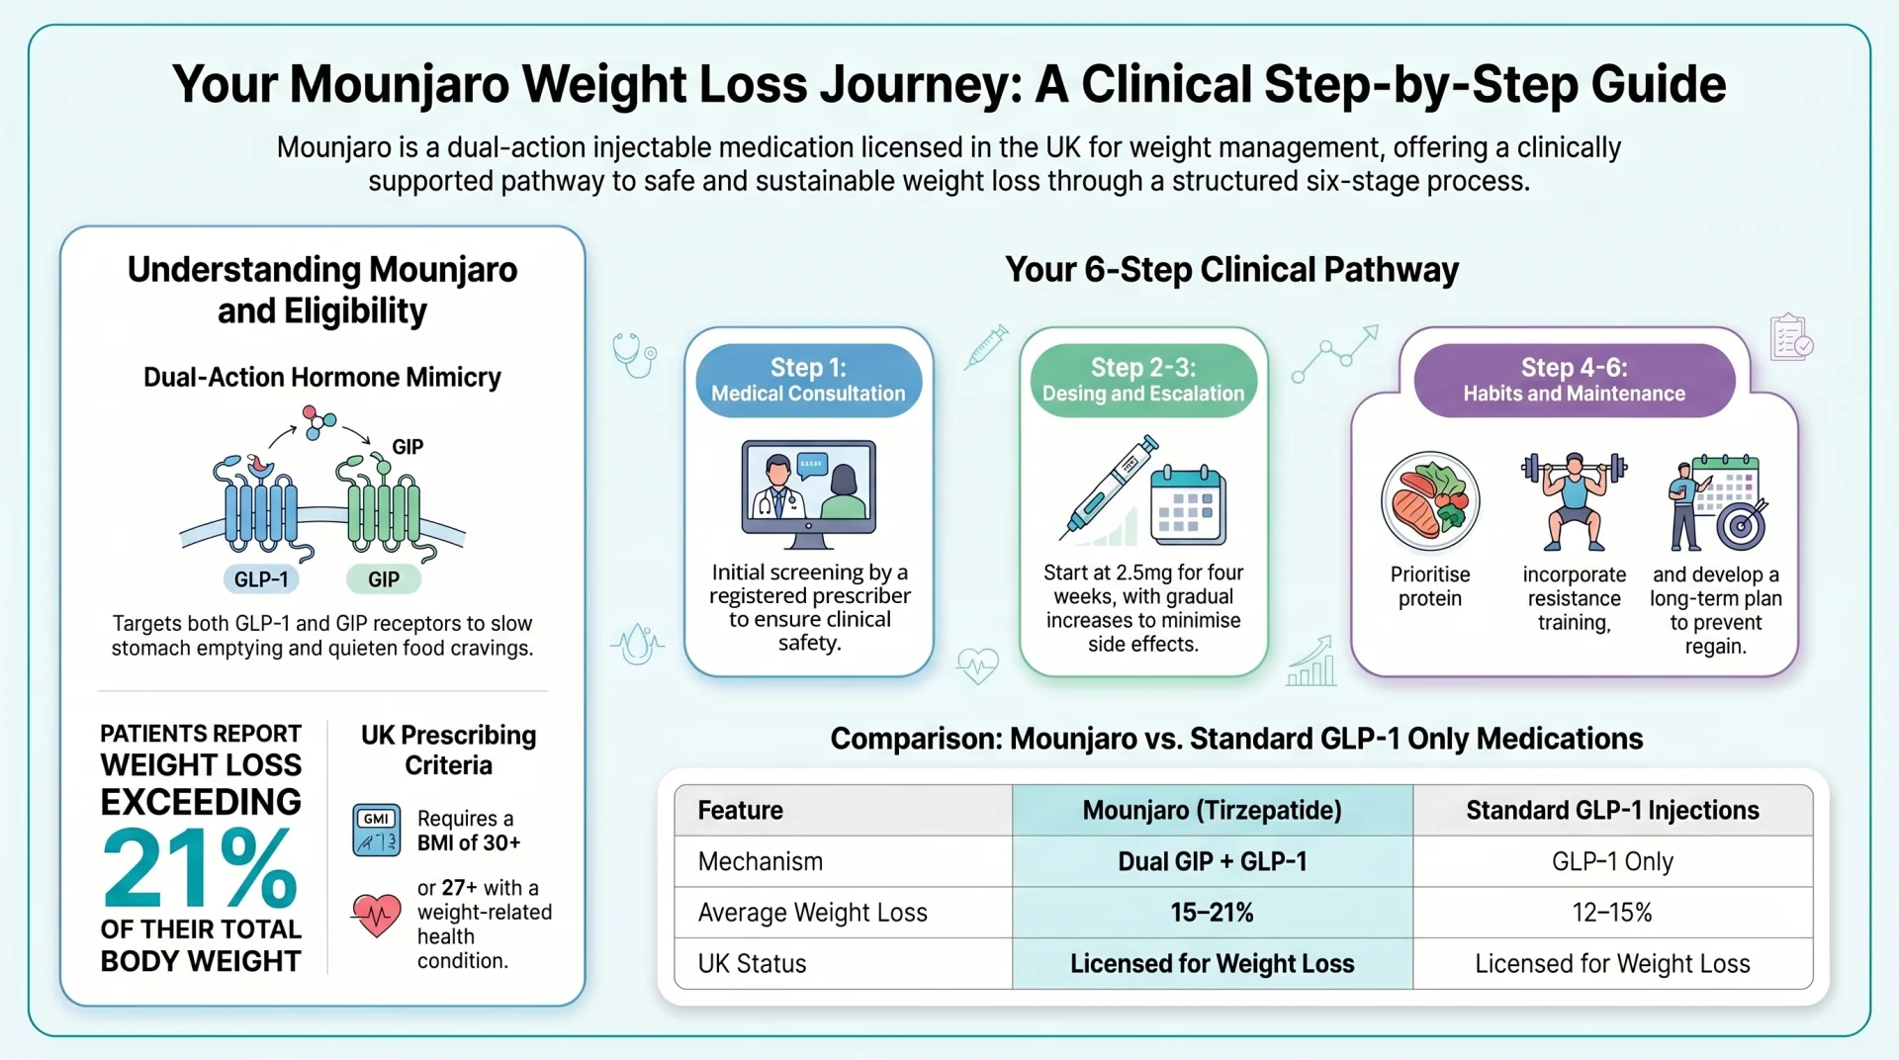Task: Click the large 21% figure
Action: [x=200, y=868]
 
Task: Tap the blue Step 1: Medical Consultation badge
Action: [x=809, y=381]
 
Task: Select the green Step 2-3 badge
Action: [x=1143, y=381]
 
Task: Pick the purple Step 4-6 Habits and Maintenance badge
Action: [x=1575, y=381]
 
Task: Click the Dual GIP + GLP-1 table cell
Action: [x=1213, y=861]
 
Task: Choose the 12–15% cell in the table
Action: [x=1612, y=913]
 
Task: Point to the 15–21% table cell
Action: [x=1213, y=913]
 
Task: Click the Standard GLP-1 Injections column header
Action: [x=1612, y=811]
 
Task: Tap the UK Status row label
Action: [x=753, y=964]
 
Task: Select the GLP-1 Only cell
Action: [x=1612, y=861]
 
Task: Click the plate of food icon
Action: [x=1430, y=501]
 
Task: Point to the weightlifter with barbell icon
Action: [x=1574, y=501]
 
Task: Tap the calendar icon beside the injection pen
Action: [x=1188, y=504]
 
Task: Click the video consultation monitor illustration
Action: [x=809, y=493]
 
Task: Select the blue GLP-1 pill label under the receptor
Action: [x=261, y=579]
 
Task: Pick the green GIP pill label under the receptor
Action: [x=384, y=579]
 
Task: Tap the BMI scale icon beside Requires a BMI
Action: [x=377, y=830]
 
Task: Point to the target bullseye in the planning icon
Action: [x=1741, y=525]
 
